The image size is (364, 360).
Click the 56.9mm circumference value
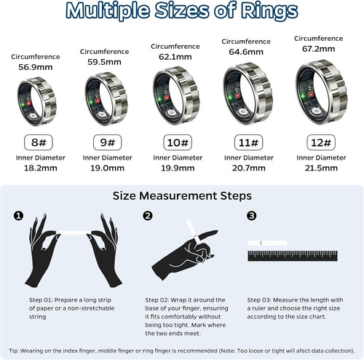pos(35,66)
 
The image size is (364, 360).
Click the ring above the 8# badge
pos(36,102)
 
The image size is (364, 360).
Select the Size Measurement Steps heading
pos(182,195)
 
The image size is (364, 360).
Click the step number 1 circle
pos(18,216)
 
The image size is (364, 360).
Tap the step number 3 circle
pos(251,216)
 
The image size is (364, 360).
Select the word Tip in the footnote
pos(15,351)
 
